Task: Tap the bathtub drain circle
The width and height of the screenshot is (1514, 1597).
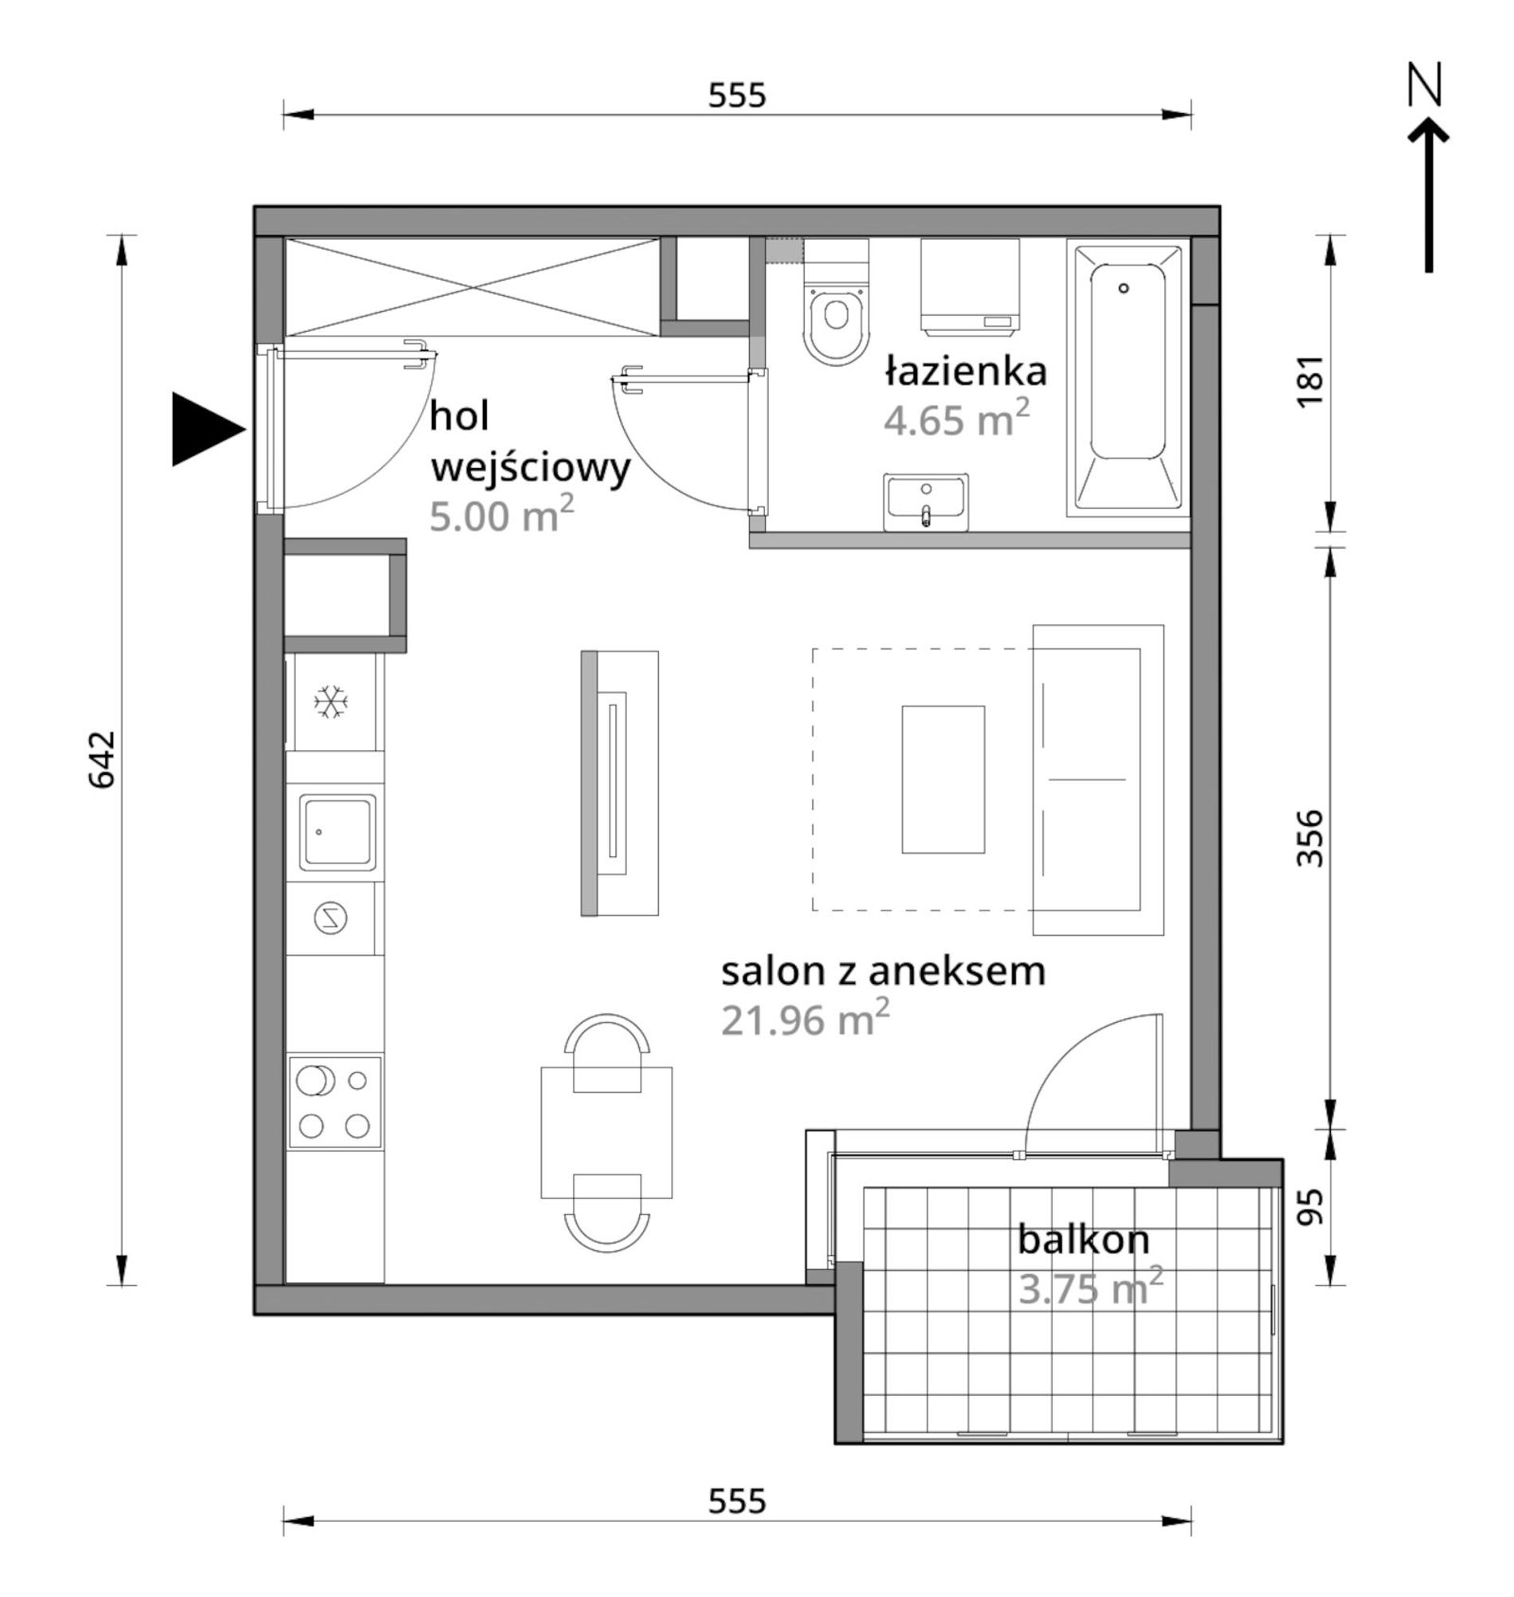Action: [1124, 289]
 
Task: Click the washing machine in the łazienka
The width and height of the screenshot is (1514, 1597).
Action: [969, 286]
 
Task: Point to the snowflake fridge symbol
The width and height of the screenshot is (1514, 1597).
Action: [330, 702]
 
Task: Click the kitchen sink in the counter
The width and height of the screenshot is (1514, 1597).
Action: [337, 832]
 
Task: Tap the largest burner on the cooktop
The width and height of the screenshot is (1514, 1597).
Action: [313, 1080]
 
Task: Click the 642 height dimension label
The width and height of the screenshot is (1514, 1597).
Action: [104, 760]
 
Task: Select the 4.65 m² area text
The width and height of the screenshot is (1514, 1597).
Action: [957, 418]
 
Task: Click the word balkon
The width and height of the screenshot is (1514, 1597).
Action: [1083, 1239]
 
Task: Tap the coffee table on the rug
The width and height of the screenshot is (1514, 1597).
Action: [943, 779]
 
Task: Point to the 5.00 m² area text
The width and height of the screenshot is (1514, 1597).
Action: [502, 514]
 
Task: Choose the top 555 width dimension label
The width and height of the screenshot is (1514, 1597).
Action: [737, 95]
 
